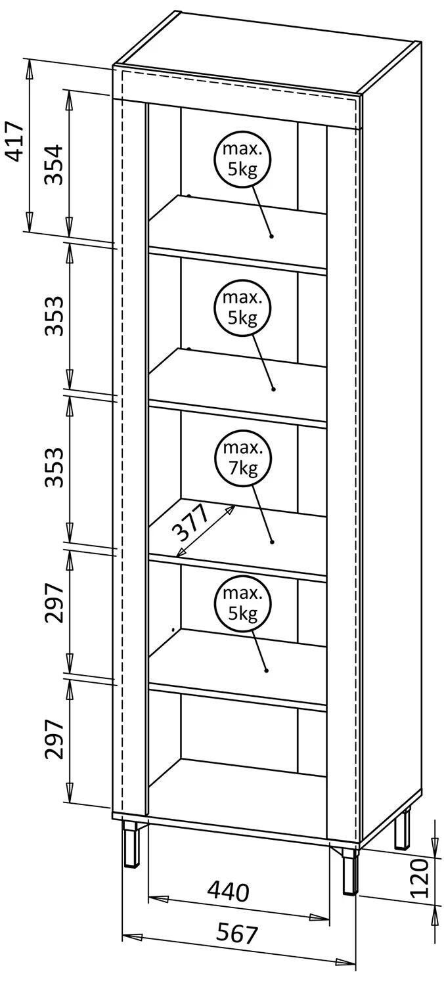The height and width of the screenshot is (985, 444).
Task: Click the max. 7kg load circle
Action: (242, 458)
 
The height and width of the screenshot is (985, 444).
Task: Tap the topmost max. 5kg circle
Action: (242, 159)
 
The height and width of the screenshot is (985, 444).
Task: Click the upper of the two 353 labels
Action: (55, 316)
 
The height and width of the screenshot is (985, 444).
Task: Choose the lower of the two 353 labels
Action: (55, 467)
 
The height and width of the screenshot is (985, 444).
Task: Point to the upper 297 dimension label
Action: (55, 602)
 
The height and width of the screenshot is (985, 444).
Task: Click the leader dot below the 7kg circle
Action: (272, 542)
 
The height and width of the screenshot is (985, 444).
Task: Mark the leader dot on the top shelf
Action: (271, 236)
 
